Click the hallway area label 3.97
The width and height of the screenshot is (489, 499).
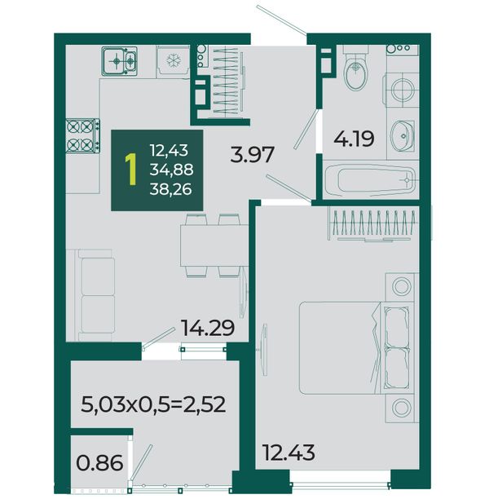click(x=252, y=155)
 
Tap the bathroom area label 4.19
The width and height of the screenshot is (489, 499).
click(x=354, y=139)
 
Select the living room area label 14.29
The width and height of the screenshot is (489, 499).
click(x=208, y=328)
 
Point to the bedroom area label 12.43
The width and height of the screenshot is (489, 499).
click(x=289, y=453)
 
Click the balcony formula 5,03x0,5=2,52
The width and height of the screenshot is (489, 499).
click(x=153, y=404)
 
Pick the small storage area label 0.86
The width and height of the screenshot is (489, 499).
click(x=99, y=463)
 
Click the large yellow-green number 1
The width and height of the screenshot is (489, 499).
click(x=130, y=170)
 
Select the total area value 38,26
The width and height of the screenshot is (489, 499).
click(x=171, y=190)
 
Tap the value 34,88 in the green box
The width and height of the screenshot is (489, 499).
click(x=171, y=170)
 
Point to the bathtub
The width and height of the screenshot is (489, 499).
click(x=370, y=180)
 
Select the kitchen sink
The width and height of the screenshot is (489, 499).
click(x=119, y=61)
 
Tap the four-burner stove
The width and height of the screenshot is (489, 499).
click(x=82, y=136)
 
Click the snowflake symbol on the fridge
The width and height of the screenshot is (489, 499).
click(x=174, y=60)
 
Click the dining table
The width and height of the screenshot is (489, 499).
click(x=214, y=245)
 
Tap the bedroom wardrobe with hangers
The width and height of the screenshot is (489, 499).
click(x=373, y=223)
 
